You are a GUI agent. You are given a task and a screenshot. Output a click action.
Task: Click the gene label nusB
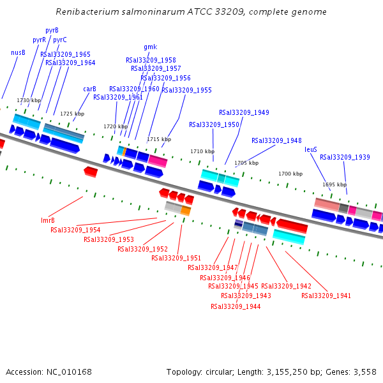(x=18, y=52)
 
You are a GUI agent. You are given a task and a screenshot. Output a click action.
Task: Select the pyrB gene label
(x=52, y=30)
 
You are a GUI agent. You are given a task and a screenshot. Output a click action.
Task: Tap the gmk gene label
(x=150, y=47)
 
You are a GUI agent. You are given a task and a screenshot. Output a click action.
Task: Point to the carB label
(x=89, y=89)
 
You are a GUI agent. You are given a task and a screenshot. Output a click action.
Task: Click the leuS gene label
(x=310, y=149)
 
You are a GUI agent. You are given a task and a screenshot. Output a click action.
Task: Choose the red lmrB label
(x=48, y=220)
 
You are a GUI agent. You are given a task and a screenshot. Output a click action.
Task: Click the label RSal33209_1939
(x=345, y=157)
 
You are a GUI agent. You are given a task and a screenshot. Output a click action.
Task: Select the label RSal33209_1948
(x=276, y=140)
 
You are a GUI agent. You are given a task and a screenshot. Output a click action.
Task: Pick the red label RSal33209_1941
(x=326, y=296)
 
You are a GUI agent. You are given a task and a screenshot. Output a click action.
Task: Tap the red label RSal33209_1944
(x=236, y=306)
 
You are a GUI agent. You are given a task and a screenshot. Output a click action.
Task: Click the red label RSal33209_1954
(x=75, y=230)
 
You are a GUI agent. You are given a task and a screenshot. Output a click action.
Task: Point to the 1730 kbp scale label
(x=29, y=100)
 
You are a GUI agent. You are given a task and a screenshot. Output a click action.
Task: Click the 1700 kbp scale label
(x=290, y=174)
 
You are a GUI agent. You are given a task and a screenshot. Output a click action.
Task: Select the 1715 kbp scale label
(x=159, y=139)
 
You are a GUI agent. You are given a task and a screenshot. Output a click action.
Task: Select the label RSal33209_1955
(x=186, y=90)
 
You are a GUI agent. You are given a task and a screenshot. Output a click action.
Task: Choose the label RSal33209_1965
(x=65, y=54)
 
